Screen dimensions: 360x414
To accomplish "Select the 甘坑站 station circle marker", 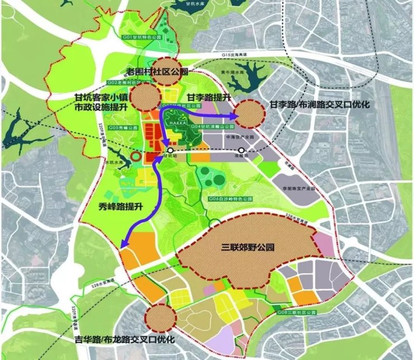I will [170, 151].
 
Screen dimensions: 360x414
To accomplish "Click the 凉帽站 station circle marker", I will [241, 151].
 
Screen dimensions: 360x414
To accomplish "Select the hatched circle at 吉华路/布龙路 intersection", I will [161, 319].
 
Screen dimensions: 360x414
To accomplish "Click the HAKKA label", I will [180, 123].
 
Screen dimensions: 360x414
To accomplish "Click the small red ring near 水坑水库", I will [135, 157].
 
